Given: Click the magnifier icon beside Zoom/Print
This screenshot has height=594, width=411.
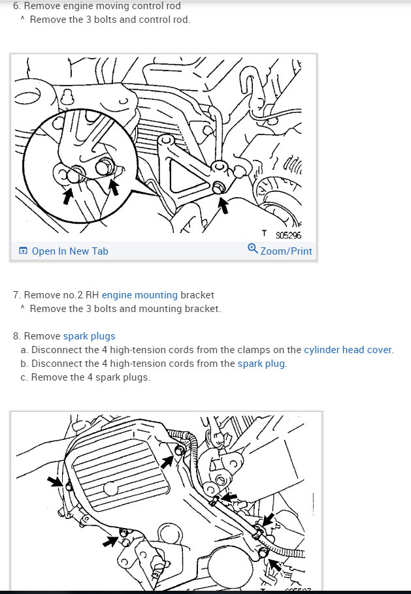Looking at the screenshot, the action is click(252, 249).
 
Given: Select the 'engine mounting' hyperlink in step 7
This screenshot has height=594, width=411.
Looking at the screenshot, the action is click(140, 295).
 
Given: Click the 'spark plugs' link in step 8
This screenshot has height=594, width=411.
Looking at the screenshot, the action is click(89, 336).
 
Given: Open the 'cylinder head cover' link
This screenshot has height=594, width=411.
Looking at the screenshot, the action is click(348, 350).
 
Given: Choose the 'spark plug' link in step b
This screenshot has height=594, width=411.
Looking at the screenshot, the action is click(261, 364).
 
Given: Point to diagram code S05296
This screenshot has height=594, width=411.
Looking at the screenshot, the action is click(289, 235).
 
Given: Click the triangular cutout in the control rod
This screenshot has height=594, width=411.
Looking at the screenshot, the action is click(188, 177).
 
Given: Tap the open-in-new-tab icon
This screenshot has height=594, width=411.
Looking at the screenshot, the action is click(23, 251).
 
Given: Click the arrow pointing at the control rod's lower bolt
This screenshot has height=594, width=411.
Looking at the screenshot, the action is click(223, 205).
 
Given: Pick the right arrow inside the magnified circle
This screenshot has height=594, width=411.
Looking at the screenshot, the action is click(113, 188).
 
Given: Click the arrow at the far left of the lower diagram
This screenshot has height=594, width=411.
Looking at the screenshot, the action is click(56, 482).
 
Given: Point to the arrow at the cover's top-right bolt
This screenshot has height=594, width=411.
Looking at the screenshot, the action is click(167, 461).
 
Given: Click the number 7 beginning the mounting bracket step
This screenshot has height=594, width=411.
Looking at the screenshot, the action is click(16, 295).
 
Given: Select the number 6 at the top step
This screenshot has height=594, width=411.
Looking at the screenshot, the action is click(16, 6).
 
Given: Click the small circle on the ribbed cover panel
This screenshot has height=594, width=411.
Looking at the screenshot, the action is click(110, 489).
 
